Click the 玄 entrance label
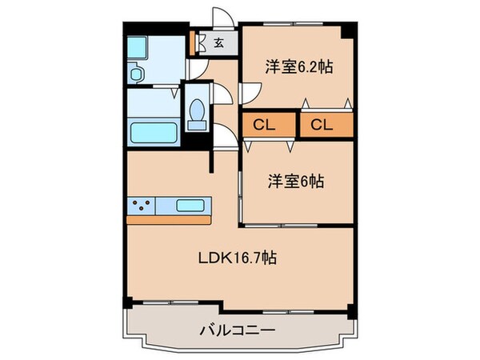218,43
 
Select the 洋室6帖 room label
294,182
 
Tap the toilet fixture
196,114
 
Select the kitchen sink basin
190,206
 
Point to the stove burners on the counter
142,206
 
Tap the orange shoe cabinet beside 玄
193,42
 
